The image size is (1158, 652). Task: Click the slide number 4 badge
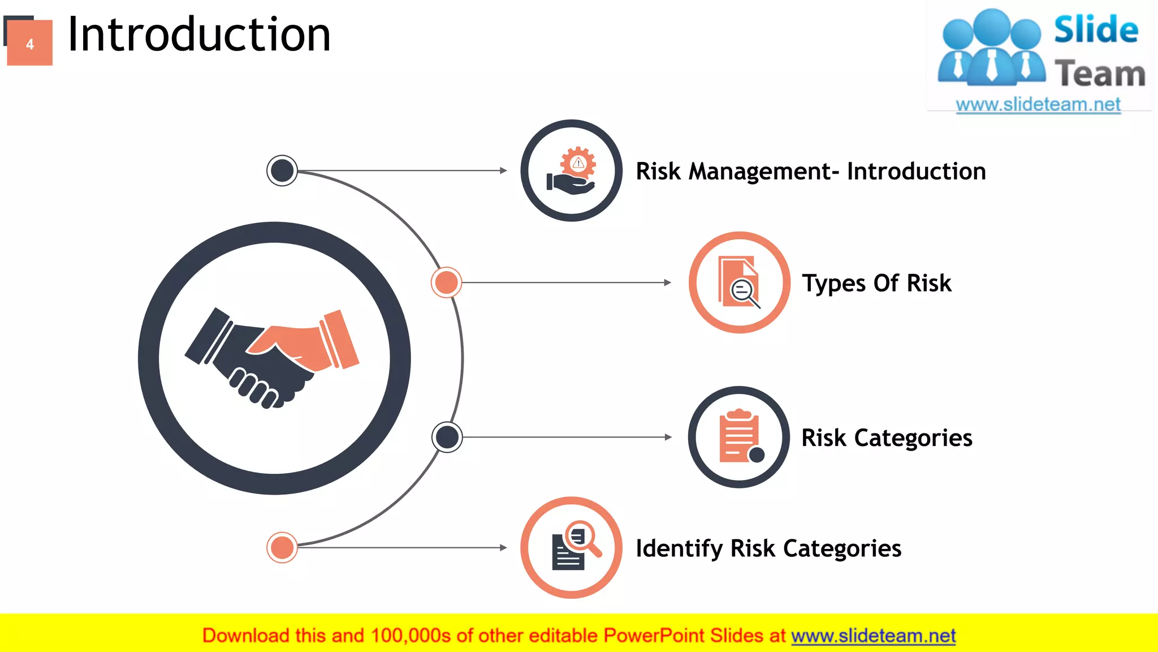29,43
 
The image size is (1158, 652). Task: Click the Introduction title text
198,35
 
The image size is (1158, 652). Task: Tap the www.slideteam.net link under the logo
1038,105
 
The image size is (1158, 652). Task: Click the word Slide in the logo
1095,30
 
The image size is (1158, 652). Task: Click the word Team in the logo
1099,74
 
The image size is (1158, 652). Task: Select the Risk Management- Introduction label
810,171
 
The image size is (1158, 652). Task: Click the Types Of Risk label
876,283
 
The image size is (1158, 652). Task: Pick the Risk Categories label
887,438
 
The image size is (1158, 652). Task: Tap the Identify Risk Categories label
768,548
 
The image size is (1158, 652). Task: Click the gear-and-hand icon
571,171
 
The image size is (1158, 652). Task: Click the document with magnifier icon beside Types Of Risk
739,282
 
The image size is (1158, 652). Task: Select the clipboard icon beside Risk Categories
739,437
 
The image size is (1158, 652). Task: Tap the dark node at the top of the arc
282,170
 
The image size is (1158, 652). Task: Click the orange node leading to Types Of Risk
446,282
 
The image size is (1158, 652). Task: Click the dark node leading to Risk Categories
447,437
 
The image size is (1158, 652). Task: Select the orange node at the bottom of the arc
282,547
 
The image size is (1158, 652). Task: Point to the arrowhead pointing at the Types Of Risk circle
668,282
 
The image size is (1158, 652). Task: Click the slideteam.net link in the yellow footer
873,636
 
